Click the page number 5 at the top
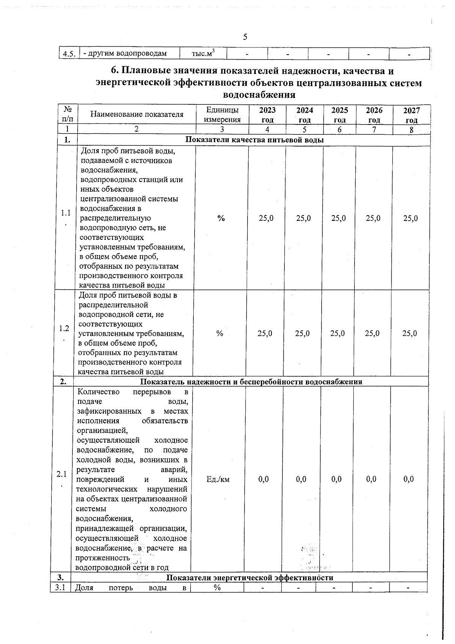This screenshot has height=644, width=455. pos(245,37)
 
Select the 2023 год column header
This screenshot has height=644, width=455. pos(267,115)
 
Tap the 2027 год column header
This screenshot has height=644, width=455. pos(411,115)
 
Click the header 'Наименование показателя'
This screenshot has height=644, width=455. pos(136,114)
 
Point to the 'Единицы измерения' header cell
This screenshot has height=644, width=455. pos(222,115)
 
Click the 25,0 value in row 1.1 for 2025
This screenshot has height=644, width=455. pos(339,218)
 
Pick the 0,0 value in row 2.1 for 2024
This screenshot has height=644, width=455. pos(301,479)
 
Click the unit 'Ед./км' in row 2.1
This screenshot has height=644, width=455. pos(218,479)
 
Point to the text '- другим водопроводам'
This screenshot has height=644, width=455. pos(125,54)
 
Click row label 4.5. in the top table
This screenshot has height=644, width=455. pos(69,54)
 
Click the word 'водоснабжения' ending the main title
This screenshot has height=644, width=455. pos(259,94)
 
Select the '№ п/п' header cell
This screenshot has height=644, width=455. pos(68,114)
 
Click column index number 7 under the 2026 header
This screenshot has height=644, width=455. pos(374,129)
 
